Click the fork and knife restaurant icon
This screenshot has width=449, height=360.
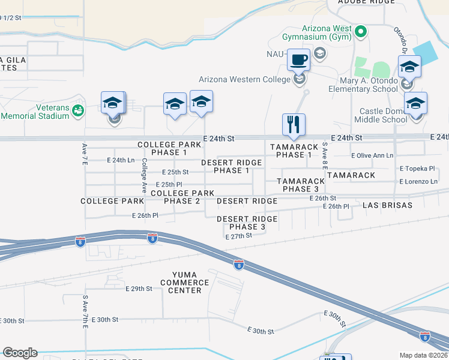tap(294, 125)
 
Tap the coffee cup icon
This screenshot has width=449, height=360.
tap(298, 60)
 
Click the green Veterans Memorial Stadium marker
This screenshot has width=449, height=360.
tap(77, 110)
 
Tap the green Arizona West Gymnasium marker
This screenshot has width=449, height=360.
tap(360, 31)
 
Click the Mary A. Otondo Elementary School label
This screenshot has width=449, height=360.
tap(363, 84)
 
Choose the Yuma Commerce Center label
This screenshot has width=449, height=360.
tap(185, 282)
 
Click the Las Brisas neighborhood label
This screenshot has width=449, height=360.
tap(387, 205)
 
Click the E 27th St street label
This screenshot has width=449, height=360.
tap(238, 236)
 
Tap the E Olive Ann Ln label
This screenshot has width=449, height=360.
tap(372, 155)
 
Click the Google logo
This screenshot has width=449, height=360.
tap(20, 353)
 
